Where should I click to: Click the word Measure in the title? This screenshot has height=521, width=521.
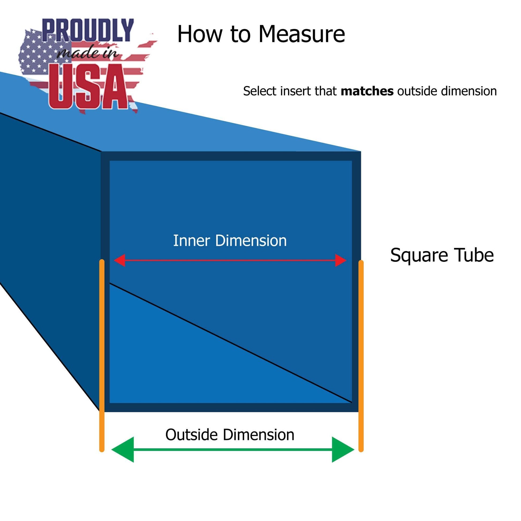(x=301, y=35)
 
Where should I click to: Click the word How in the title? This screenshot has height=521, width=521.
(x=199, y=34)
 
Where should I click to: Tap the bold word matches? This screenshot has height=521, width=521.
(x=367, y=91)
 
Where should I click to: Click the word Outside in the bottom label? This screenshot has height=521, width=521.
(x=191, y=435)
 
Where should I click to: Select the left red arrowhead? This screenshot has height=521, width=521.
(x=119, y=260)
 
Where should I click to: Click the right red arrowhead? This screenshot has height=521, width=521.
(x=341, y=260)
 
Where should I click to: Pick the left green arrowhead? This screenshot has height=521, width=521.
(x=123, y=450)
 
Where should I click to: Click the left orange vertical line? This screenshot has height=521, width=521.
(x=102, y=350)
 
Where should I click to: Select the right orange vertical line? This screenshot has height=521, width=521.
(x=361, y=350)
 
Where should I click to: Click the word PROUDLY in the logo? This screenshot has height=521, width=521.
(x=88, y=30)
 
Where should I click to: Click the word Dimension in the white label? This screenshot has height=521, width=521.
(x=251, y=240)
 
